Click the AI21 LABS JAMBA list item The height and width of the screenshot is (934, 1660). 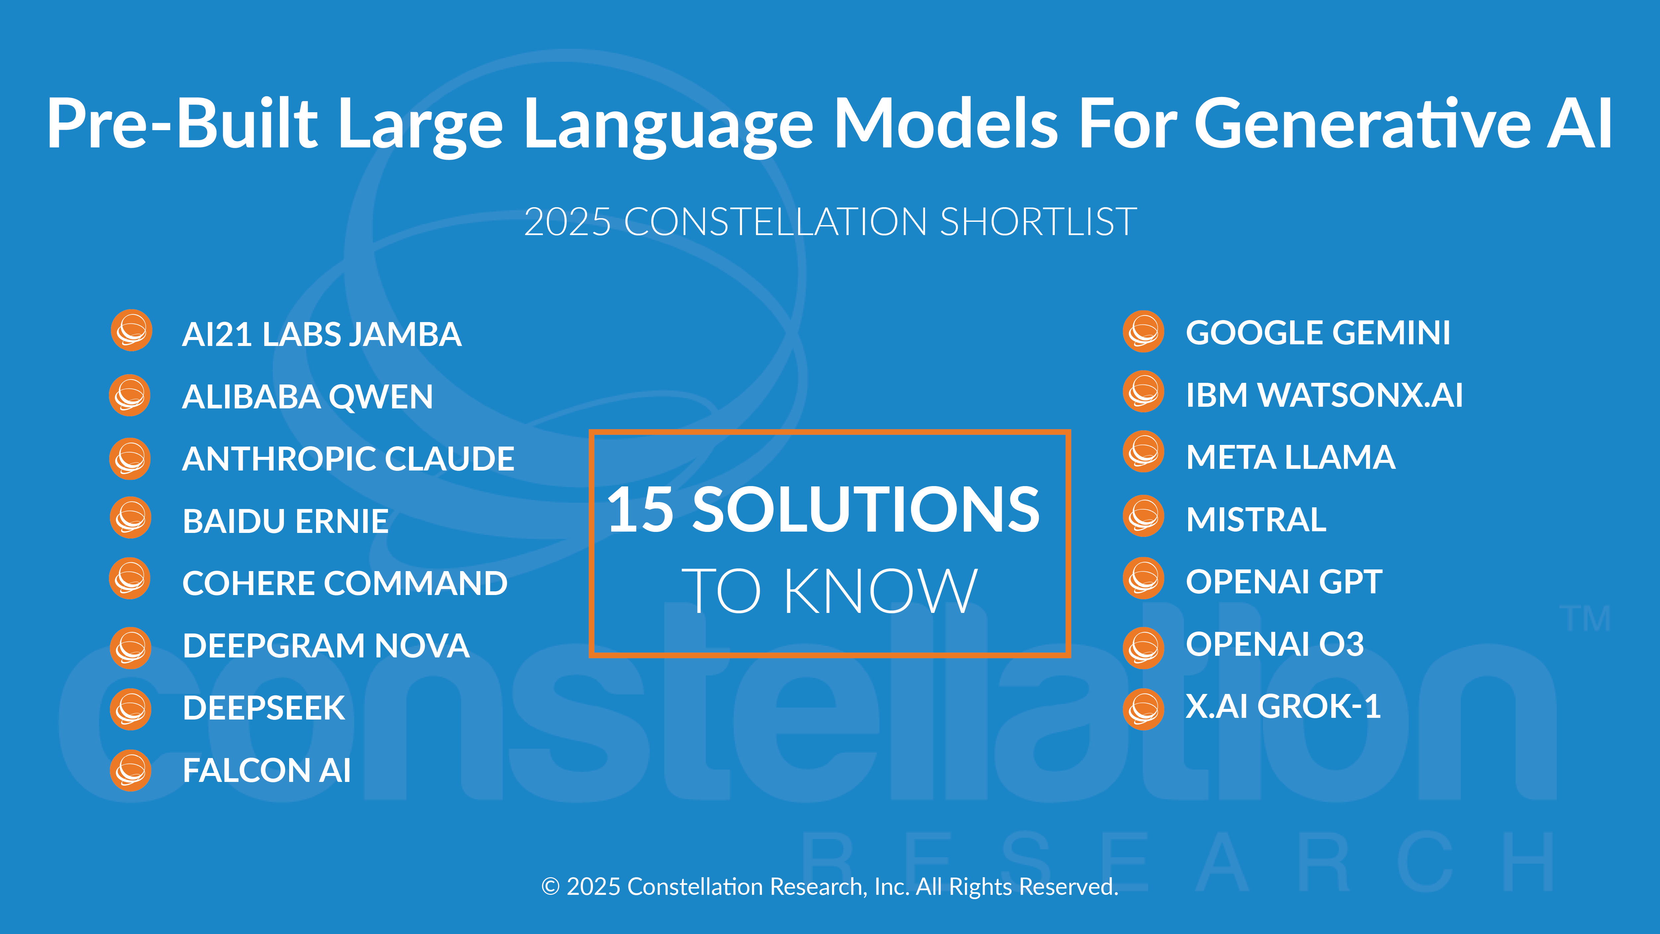(322, 335)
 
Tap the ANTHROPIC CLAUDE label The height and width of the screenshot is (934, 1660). (348, 459)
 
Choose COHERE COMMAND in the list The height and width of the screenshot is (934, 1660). (345, 583)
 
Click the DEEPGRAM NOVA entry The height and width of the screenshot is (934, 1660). (325, 646)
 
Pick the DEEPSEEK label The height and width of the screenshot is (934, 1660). (264, 708)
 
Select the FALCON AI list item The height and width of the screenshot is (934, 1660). (266, 770)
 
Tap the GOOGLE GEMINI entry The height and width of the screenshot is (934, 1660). (1318, 333)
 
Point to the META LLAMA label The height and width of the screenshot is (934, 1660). (1291, 458)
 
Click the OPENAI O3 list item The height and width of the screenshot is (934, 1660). (1275, 644)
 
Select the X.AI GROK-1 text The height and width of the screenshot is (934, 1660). (1283, 707)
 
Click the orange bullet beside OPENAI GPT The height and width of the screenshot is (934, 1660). (1143, 578)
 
